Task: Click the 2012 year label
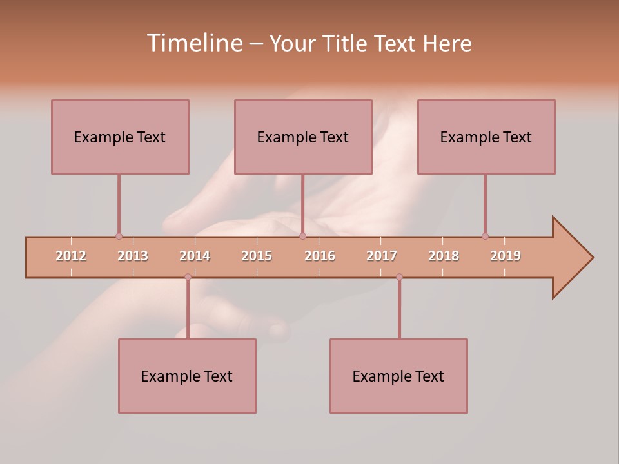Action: pos(71,256)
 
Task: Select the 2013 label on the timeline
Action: pos(133,256)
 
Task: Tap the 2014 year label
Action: pos(195,256)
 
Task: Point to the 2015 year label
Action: pos(257,256)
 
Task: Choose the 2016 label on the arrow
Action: pos(320,256)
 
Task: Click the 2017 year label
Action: pos(382,256)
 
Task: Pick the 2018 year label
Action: pos(444,256)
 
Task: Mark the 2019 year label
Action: pos(506,256)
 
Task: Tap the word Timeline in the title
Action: pos(193,43)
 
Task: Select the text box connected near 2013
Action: pos(120,137)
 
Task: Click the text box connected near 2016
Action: pos(303,137)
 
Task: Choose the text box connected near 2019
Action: pos(486,137)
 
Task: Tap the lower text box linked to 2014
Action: pos(187,376)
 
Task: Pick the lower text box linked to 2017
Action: pos(398,376)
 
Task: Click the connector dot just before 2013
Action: pos(119,236)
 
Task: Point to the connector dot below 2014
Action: pos(188,276)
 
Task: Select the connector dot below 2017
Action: pos(399,276)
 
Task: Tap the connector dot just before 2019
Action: pos(485,236)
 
